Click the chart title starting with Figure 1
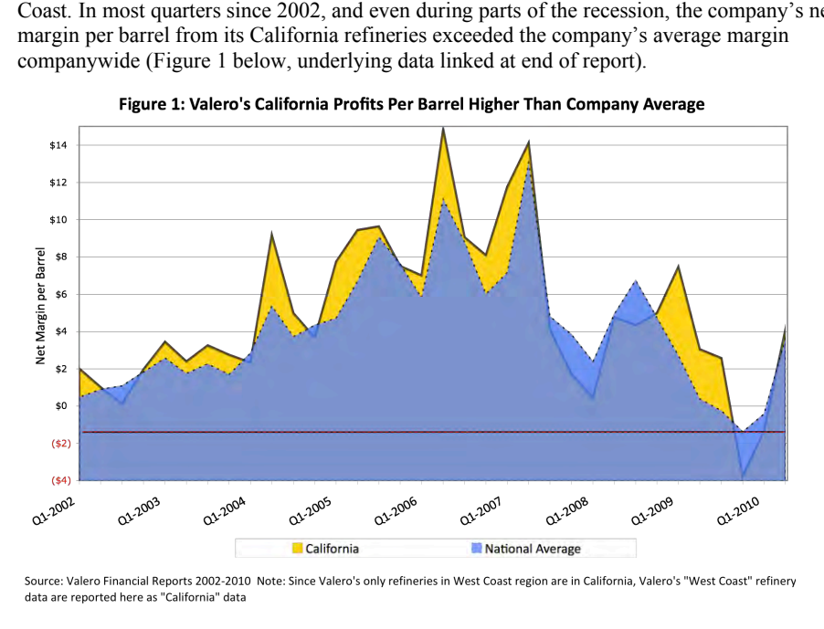pos(411,104)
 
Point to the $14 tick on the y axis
pos(58,145)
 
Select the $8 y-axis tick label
pos(61,257)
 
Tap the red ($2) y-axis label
pos(60,444)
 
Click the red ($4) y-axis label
pos(60,480)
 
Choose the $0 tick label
pos(61,406)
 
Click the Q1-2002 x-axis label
pos(54,511)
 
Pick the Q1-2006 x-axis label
pos(396,511)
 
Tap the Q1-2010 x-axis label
pos(738,511)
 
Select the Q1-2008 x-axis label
pos(567,511)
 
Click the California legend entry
pos(326,549)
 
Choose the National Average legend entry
pos(526,549)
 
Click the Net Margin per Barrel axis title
pos(41,306)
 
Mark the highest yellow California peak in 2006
pos(444,128)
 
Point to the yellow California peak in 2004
pos(271,233)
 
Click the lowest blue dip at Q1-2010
pos(743,477)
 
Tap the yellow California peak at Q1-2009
pos(679,267)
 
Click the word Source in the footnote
pos(43,582)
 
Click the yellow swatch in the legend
pos(298,549)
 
